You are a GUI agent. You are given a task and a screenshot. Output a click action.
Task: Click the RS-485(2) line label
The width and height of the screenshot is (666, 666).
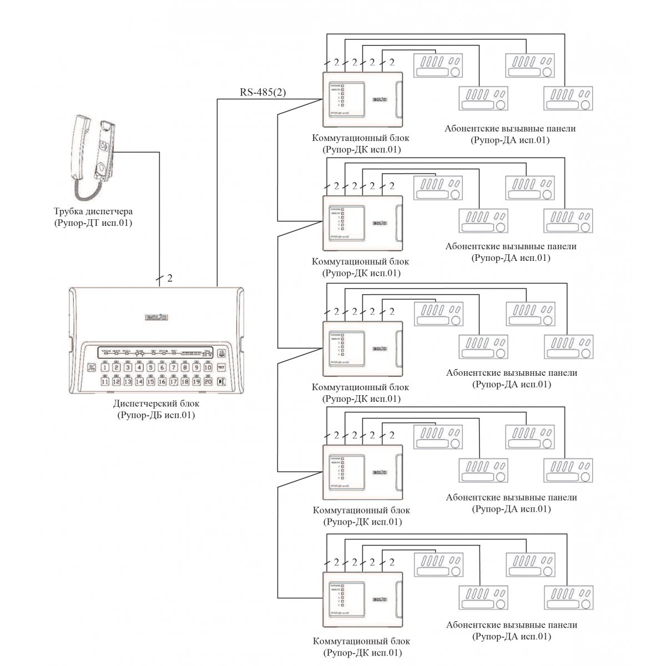coord(263,92)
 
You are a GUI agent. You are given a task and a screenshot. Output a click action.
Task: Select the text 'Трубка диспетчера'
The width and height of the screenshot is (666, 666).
coord(93,211)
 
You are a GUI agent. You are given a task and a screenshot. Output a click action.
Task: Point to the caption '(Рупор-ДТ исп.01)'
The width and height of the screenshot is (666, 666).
coord(93,223)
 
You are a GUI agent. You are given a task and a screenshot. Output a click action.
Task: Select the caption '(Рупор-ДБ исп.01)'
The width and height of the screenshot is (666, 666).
coord(156,415)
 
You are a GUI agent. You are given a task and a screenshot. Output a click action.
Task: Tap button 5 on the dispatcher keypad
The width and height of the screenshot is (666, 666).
coord(150,367)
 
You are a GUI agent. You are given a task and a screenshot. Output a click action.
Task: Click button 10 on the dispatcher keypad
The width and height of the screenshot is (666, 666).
coord(208,367)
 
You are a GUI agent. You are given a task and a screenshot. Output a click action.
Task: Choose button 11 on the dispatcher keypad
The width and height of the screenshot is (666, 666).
coord(105,381)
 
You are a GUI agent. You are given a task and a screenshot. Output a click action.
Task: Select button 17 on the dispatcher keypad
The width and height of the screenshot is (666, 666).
coord(173,381)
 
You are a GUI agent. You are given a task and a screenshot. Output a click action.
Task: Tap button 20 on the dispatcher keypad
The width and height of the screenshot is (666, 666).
coord(208,381)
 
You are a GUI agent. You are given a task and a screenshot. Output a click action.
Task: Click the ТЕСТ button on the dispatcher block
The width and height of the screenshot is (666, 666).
coord(221,367)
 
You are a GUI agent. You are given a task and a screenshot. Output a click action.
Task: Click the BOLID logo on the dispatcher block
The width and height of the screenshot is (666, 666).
coord(156,317)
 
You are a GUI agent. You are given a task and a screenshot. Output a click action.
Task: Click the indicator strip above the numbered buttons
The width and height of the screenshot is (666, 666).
coord(155,352)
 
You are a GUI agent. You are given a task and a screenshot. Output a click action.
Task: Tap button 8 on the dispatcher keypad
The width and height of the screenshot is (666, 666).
coord(185,367)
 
